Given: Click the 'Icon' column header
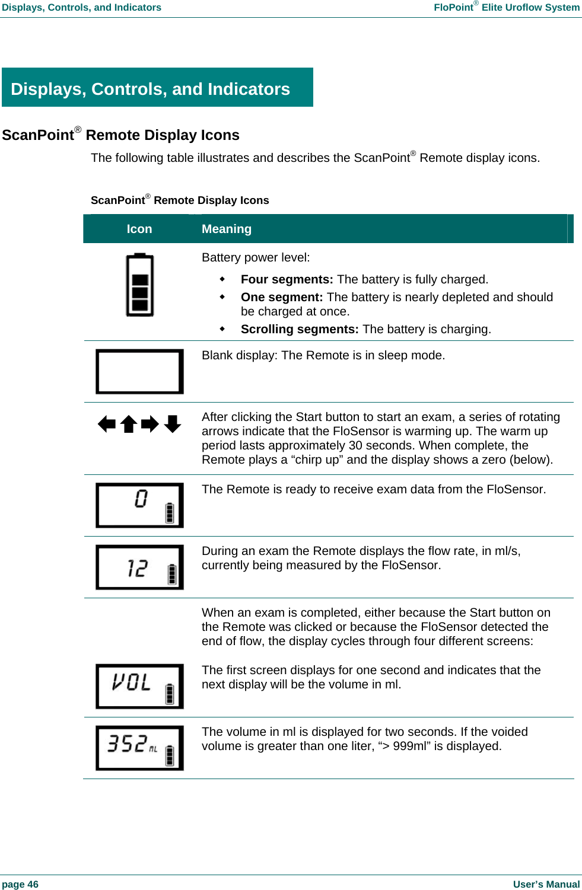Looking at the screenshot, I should point(139,229).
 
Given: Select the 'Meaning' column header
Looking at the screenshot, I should point(227,229).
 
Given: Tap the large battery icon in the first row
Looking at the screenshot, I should point(140,285).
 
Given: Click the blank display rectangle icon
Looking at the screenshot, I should point(140,372).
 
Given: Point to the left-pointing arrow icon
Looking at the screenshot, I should point(107,424).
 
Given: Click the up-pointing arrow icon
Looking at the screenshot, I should point(129,424).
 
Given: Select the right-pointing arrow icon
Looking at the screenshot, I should point(150,424).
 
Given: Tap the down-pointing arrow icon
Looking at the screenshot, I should point(173,424).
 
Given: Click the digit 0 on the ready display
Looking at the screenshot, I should point(141,499).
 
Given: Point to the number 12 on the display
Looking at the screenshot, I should point(138,568).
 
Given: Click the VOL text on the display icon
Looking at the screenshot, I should point(132,682).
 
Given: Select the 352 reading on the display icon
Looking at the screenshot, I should point(127,744).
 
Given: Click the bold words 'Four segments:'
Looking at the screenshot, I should point(287,279).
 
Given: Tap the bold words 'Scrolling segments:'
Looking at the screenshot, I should point(300,329).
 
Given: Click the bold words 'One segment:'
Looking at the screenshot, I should point(282,297).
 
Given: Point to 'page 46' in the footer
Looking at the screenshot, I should point(20,884).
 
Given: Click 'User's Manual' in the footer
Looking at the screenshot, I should point(546,884).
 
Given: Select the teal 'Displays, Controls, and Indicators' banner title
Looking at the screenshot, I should point(151,89).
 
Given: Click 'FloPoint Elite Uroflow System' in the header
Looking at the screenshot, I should point(506,7).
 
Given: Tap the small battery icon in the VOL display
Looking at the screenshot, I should point(170,693).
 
